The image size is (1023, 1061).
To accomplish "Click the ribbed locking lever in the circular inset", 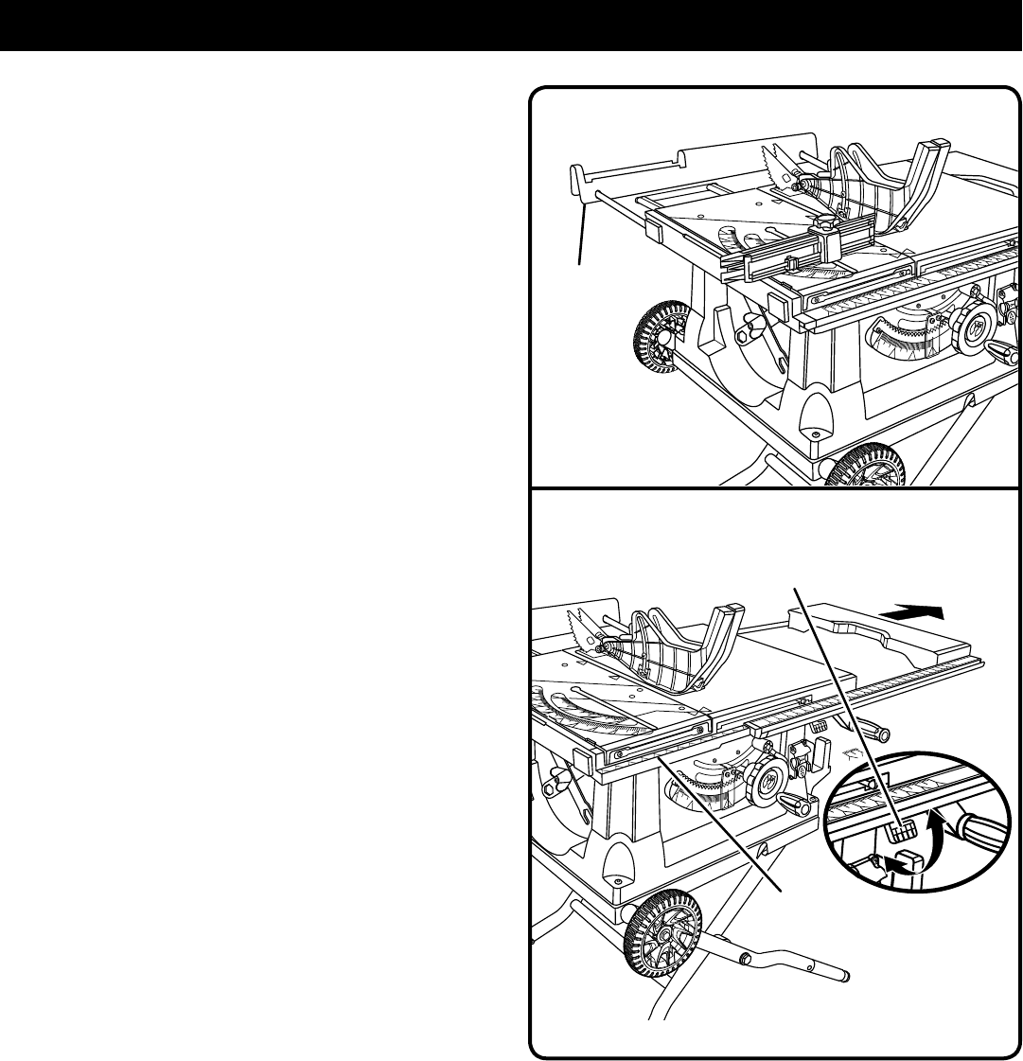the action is click(903, 830).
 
